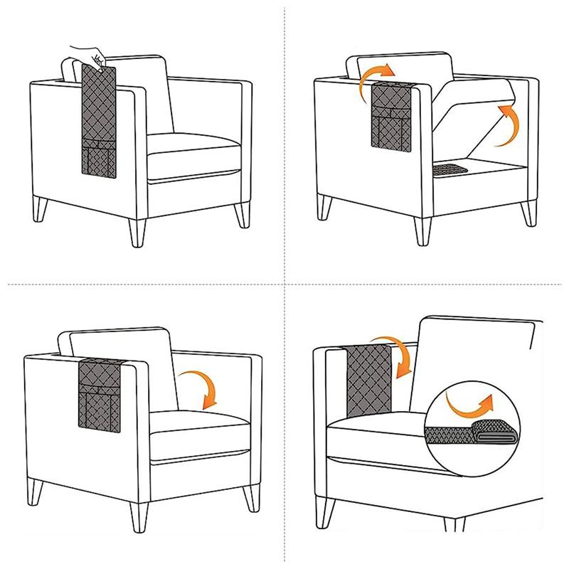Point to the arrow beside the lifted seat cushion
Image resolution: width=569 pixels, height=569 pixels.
(x=504, y=125)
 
